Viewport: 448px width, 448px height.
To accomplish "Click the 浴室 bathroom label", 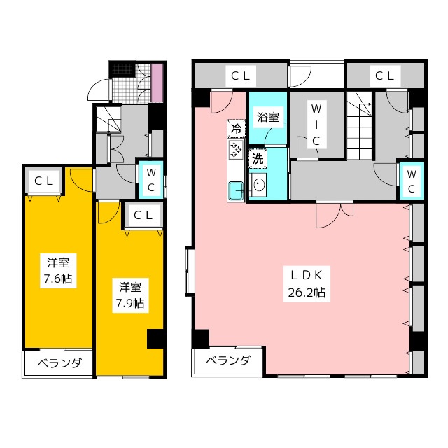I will pyautogui.click(x=267, y=117).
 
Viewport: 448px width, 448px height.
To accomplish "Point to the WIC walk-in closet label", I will pyautogui.click(x=316, y=125).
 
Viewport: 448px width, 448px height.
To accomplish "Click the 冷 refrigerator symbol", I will pyautogui.click(x=237, y=129).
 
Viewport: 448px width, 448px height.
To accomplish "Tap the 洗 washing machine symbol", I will pyautogui.click(x=258, y=159).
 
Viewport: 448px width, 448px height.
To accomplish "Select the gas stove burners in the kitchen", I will pyautogui.click(x=236, y=151).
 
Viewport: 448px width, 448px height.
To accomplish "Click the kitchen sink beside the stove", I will pyautogui.click(x=236, y=189).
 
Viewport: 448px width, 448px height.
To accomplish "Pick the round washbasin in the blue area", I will pyautogui.click(x=259, y=185).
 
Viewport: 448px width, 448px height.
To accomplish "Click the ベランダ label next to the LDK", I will pyautogui.click(x=228, y=361).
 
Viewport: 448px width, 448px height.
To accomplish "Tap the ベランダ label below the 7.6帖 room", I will pyautogui.click(x=59, y=363).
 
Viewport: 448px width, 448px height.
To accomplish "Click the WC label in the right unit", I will pyautogui.click(x=412, y=181).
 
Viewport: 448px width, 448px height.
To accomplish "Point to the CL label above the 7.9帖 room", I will pyautogui.click(x=143, y=216).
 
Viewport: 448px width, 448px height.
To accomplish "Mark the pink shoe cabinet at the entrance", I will pyautogui.click(x=157, y=81).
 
